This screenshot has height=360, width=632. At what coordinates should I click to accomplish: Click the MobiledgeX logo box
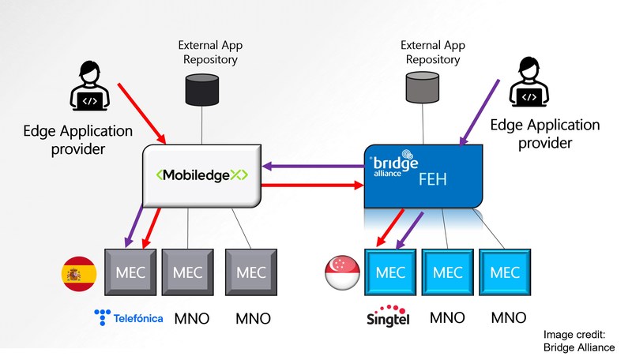point(201,174)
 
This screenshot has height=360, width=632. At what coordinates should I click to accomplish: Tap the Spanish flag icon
point(79,274)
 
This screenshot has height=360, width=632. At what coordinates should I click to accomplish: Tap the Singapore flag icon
point(342,272)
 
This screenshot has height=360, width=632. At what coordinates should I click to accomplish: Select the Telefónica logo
point(129,318)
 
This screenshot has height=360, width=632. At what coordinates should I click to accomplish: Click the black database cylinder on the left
point(201,88)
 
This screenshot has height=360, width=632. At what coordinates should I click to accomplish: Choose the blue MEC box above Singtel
point(392,272)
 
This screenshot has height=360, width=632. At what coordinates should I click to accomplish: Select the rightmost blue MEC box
point(506,272)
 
